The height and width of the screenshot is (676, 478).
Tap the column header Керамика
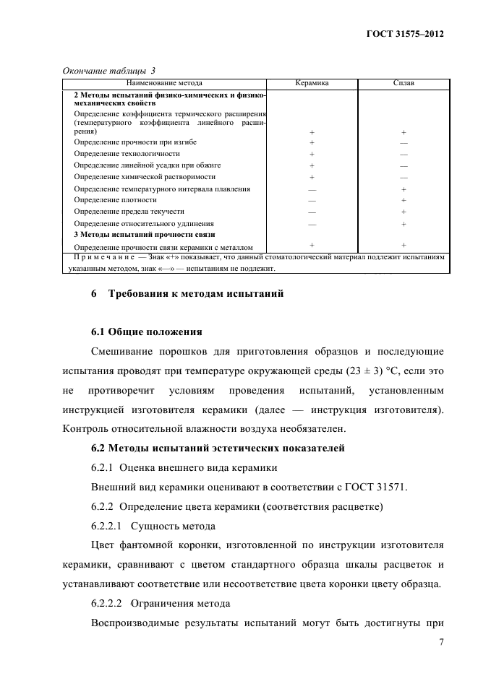(x=312, y=83)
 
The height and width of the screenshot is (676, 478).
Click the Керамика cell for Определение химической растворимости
(x=312, y=177)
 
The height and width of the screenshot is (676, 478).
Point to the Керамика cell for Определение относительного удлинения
(x=312, y=224)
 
